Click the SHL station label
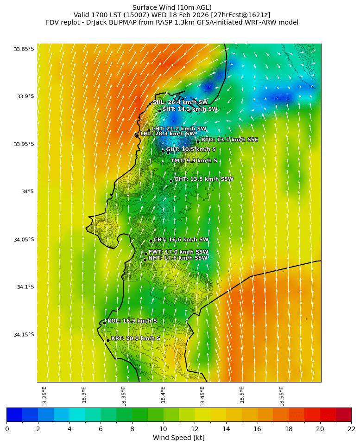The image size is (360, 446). point(180,102)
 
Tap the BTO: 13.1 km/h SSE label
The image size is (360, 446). point(229,140)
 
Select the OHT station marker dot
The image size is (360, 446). point(171,181)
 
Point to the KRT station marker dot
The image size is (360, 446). point(108,340)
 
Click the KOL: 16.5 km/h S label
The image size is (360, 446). point(132,321)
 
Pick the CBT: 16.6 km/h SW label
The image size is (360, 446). point(181,240)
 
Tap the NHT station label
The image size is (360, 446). point(178,258)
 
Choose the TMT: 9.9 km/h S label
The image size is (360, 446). point(194,161)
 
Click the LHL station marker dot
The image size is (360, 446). point(137,135)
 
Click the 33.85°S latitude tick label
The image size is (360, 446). point(24,49)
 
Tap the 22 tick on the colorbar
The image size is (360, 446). point(351,429)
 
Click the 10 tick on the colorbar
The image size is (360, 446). point(163,429)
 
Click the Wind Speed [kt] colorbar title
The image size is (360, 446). point(179,438)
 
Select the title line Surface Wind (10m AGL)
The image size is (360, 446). point(172,7)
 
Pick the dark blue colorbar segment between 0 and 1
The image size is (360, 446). point(14,414)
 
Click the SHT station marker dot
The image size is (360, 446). point(159,111)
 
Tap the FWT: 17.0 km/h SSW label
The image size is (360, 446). point(178,252)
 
